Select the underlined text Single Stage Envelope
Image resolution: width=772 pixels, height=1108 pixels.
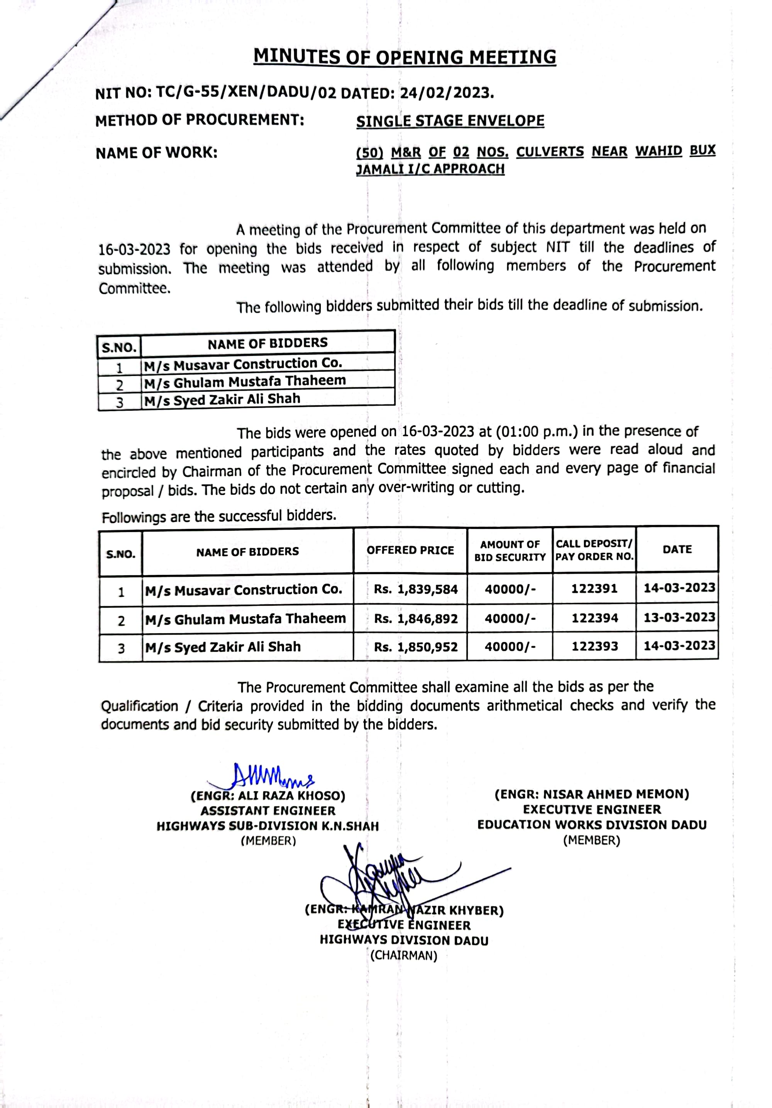pyautogui.click(x=450, y=121)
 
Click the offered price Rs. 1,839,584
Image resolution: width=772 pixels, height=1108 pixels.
pyautogui.click(x=415, y=589)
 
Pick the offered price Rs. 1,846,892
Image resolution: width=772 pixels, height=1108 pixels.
pyautogui.click(x=415, y=618)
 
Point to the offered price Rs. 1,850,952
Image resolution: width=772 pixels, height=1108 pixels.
pyautogui.click(x=415, y=647)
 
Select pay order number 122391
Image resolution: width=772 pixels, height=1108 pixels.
pyautogui.click(x=594, y=588)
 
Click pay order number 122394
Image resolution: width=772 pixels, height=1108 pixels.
pyautogui.click(x=594, y=618)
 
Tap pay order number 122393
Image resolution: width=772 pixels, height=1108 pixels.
pyautogui.click(x=594, y=646)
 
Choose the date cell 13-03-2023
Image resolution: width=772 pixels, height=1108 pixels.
pyautogui.click(x=679, y=617)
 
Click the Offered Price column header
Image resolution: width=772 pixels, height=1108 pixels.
pyautogui.click(x=410, y=550)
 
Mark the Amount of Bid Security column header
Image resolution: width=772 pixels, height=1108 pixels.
pyautogui.click(x=510, y=551)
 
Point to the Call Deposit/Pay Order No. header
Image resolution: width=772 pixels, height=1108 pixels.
pyautogui.click(x=594, y=550)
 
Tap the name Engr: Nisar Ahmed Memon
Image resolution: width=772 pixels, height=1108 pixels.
pyautogui.click(x=592, y=794)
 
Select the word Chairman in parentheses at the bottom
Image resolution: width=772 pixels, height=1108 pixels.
pyautogui.click(x=404, y=955)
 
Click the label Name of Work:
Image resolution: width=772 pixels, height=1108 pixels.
pyautogui.click(x=156, y=153)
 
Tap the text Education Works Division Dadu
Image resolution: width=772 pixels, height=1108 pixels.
pyautogui.click(x=592, y=825)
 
